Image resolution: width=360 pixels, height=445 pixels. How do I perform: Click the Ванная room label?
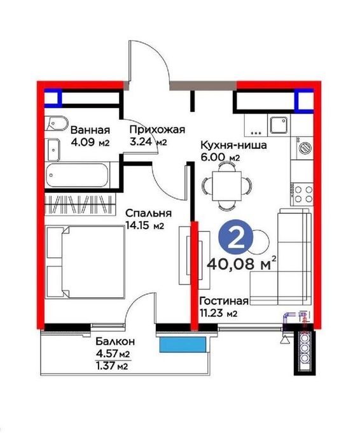coord(90,131)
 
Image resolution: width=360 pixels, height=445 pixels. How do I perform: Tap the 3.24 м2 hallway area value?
coord(148,141)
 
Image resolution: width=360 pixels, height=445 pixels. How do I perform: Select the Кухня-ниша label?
coord(233,145)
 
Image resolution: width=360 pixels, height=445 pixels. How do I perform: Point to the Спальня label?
coord(149,213)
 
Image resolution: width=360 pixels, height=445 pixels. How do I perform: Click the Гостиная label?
coord(224,301)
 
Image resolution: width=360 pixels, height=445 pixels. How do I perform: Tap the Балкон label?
coord(115,341)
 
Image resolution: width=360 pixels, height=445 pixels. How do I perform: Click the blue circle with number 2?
coord(236,238)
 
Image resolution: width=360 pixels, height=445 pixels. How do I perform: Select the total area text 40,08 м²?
coord(242,264)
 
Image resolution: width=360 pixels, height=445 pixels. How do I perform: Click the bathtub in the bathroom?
coord(78,175)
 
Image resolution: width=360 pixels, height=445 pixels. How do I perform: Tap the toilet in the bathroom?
coord(57,124)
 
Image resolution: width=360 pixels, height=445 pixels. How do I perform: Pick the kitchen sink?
coord(280,125)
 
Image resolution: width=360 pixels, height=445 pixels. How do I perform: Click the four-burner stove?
coord(302,194)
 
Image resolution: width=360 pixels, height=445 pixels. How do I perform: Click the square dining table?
coord(227,186)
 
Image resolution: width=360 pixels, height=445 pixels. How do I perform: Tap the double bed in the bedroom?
coord(85,262)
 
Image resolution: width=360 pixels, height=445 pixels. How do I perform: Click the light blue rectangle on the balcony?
coord(183,344)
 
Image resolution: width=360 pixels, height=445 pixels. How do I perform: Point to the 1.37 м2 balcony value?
coord(112,366)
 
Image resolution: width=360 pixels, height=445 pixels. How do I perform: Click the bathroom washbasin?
coord(53,150)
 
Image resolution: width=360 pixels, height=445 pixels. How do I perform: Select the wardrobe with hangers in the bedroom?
coord(81,204)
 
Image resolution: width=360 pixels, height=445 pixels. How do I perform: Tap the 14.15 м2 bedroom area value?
coord(144,226)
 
